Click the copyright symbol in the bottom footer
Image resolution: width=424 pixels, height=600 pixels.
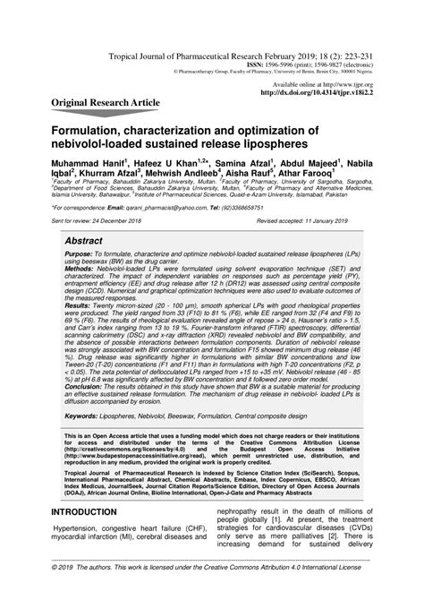click(56, 591)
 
